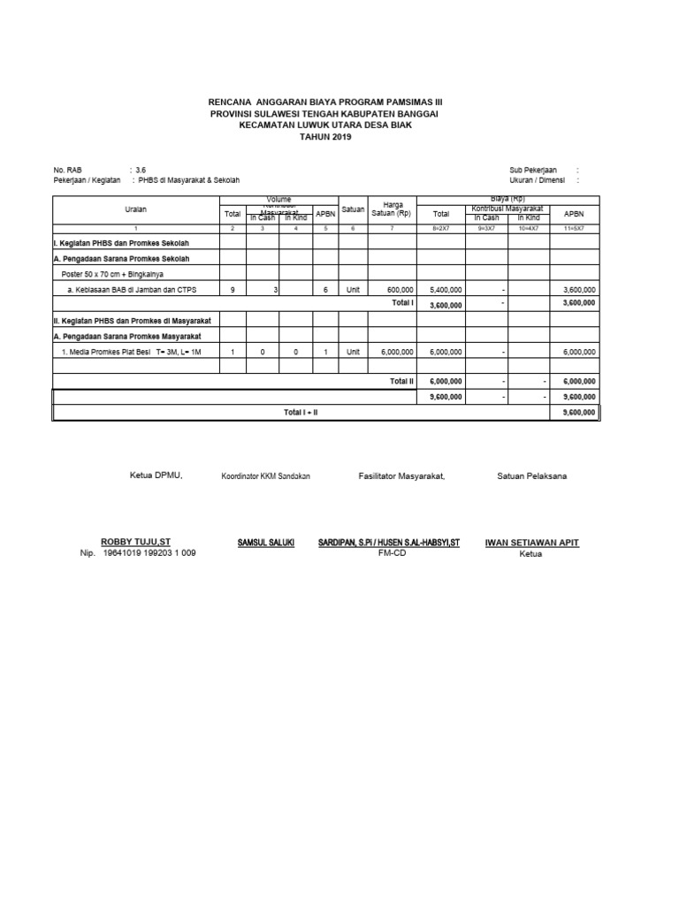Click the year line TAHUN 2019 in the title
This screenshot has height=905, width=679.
tap(324, 137)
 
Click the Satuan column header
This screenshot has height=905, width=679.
tap(353, 209)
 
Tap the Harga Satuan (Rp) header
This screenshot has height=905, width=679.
tap(393, 209)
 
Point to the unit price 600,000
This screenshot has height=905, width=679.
tap(400, 288)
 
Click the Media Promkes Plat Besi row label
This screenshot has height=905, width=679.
tap(132, 352)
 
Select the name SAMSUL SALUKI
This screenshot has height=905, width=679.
tap(266, 542)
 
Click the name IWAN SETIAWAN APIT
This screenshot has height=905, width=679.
tap(531, 542)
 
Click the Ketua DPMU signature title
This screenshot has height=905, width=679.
tap(155, 475)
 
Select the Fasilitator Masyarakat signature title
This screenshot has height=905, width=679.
tap(401, 475)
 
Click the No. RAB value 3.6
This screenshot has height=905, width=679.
tap(141, 168)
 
